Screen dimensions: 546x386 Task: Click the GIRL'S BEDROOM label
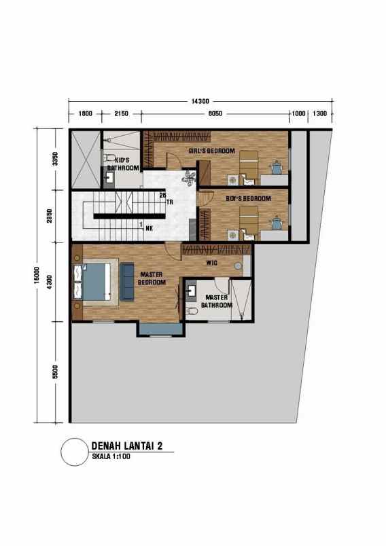(x=211, y=150)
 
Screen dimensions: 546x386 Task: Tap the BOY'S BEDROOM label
(x=248, y=198)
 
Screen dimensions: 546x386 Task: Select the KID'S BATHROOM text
(x=123, y=164)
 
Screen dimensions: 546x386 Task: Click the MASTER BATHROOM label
(x=216, y=301)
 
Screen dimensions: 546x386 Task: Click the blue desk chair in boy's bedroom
(x=277, y=221)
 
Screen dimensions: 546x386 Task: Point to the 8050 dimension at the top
(x=217, y=113)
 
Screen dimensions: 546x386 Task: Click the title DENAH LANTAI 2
(x=126, y=445)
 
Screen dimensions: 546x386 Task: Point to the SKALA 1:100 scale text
(x=111, y=456)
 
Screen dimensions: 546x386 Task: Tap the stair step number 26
(x=162, y=195)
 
